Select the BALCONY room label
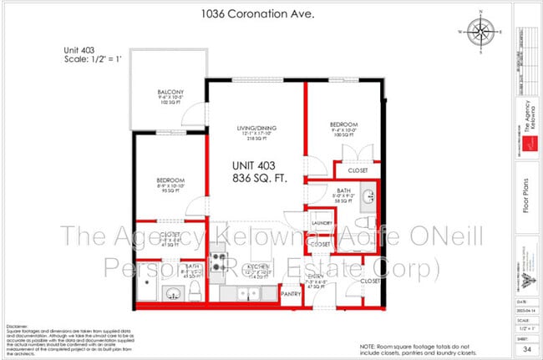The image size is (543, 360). tap(170, 92)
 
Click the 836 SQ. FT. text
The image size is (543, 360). tap(256, 178)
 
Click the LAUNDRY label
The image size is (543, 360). tap(322, 223)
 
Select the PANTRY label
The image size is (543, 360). tap(291, 293)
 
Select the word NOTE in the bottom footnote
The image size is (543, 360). tap(368, 345)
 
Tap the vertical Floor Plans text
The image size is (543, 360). tap(527, 204)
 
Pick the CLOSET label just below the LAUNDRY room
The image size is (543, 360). tap(321, 244)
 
